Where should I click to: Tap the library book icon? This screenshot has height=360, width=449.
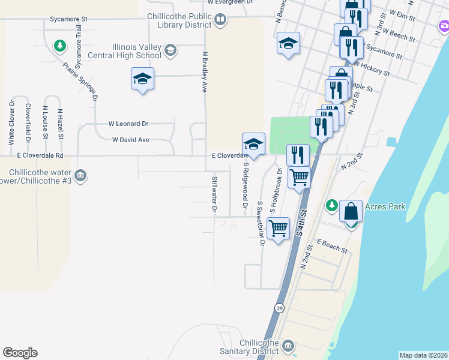point(220,20)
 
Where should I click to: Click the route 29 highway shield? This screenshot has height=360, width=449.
point(279,308)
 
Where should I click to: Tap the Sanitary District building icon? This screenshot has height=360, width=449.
point(288,346)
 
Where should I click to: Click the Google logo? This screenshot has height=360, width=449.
point(20,353)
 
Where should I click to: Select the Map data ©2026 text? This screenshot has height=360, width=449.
point(423,355)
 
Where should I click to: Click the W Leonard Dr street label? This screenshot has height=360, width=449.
point(128,124)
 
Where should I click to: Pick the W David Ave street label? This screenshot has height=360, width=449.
point(130,140)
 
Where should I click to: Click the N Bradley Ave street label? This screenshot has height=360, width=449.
point(204,70)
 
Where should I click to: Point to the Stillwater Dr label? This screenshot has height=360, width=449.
point(214,195)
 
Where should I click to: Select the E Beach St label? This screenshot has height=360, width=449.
point(333,247)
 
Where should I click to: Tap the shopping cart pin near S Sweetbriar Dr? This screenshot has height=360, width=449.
point(278,228)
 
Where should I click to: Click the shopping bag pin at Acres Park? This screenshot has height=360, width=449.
point(351,211)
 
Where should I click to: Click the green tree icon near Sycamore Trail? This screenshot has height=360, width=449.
point(59,45)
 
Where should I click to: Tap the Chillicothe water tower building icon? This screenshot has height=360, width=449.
point(80,176)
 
